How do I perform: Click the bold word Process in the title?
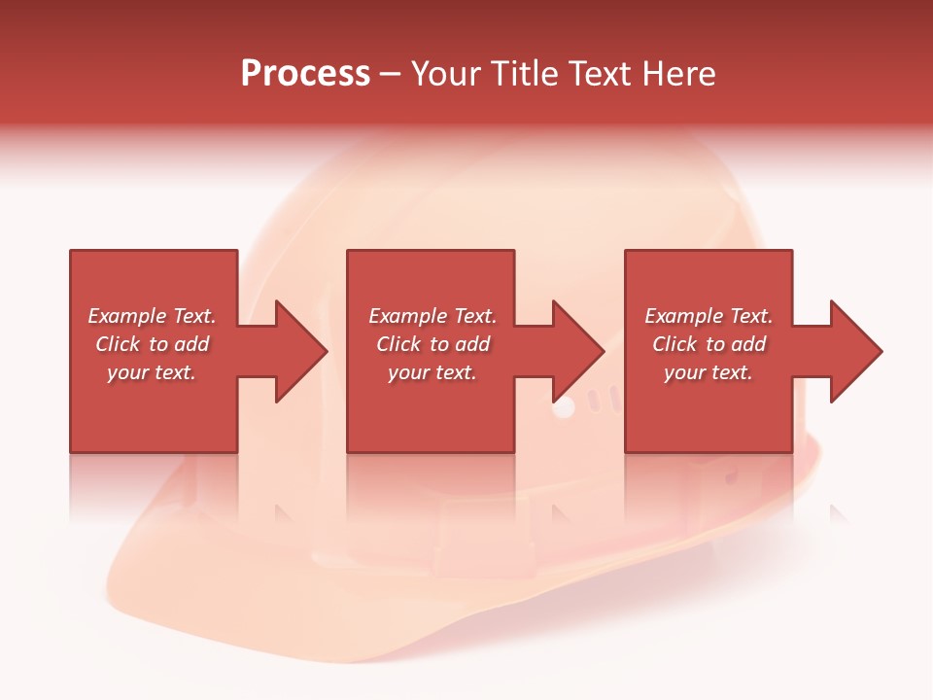(x=305, y=74)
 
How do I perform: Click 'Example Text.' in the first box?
(x=152, y=316)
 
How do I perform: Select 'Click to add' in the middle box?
(x=432, y=344)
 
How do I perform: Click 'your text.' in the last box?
(x=708, y=372)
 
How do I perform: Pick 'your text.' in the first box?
(x=152, y=372)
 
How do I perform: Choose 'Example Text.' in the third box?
(x=708, y=316)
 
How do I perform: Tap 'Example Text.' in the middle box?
(x=432, y=316)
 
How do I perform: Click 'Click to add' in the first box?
(x=152, y=344)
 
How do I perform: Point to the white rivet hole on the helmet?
(x=564, y=408)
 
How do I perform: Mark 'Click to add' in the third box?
(x=708, y=344)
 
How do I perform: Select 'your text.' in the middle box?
(x=432, y=372)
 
